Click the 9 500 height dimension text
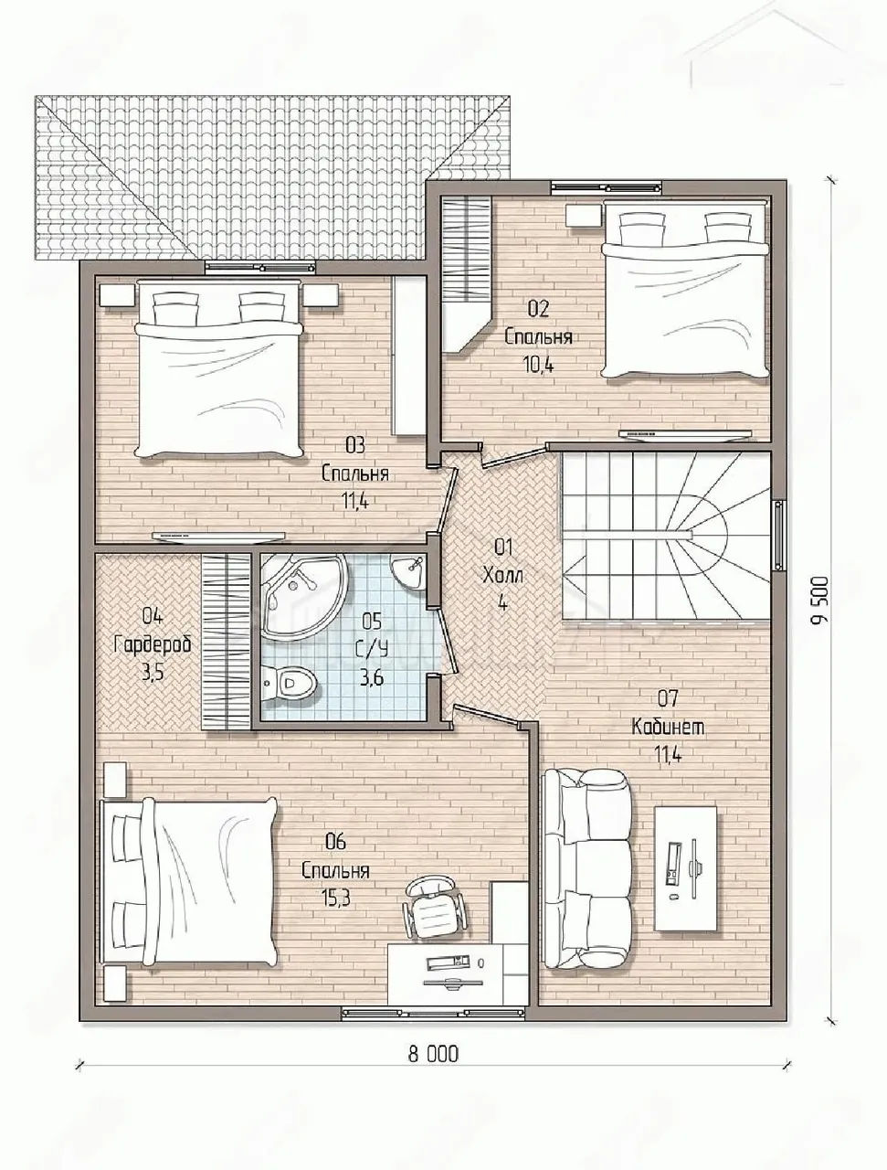(x=821, y=599)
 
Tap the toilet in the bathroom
(x=290, y=681)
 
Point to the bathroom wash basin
(x=409, y=571)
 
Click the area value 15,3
(x=335, y=898)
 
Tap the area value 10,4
(x=538, y=365)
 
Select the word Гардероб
(x=153, y=643)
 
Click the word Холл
(x=502, y=575)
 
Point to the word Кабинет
(x=668, y=727)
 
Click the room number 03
(x=354, y=445)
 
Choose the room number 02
(x=538, y=309)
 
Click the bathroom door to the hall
(x=447, y=642)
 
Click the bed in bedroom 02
(x=687, y=290)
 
